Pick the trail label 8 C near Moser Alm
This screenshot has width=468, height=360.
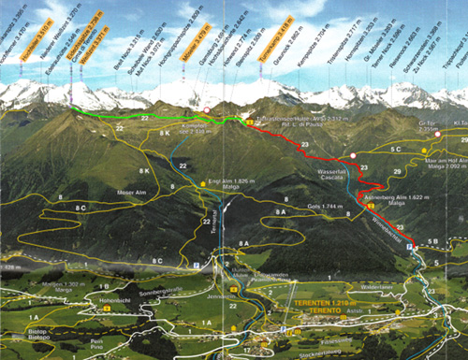tap(82, 207)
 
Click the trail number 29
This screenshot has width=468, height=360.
tap(398, 172)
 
